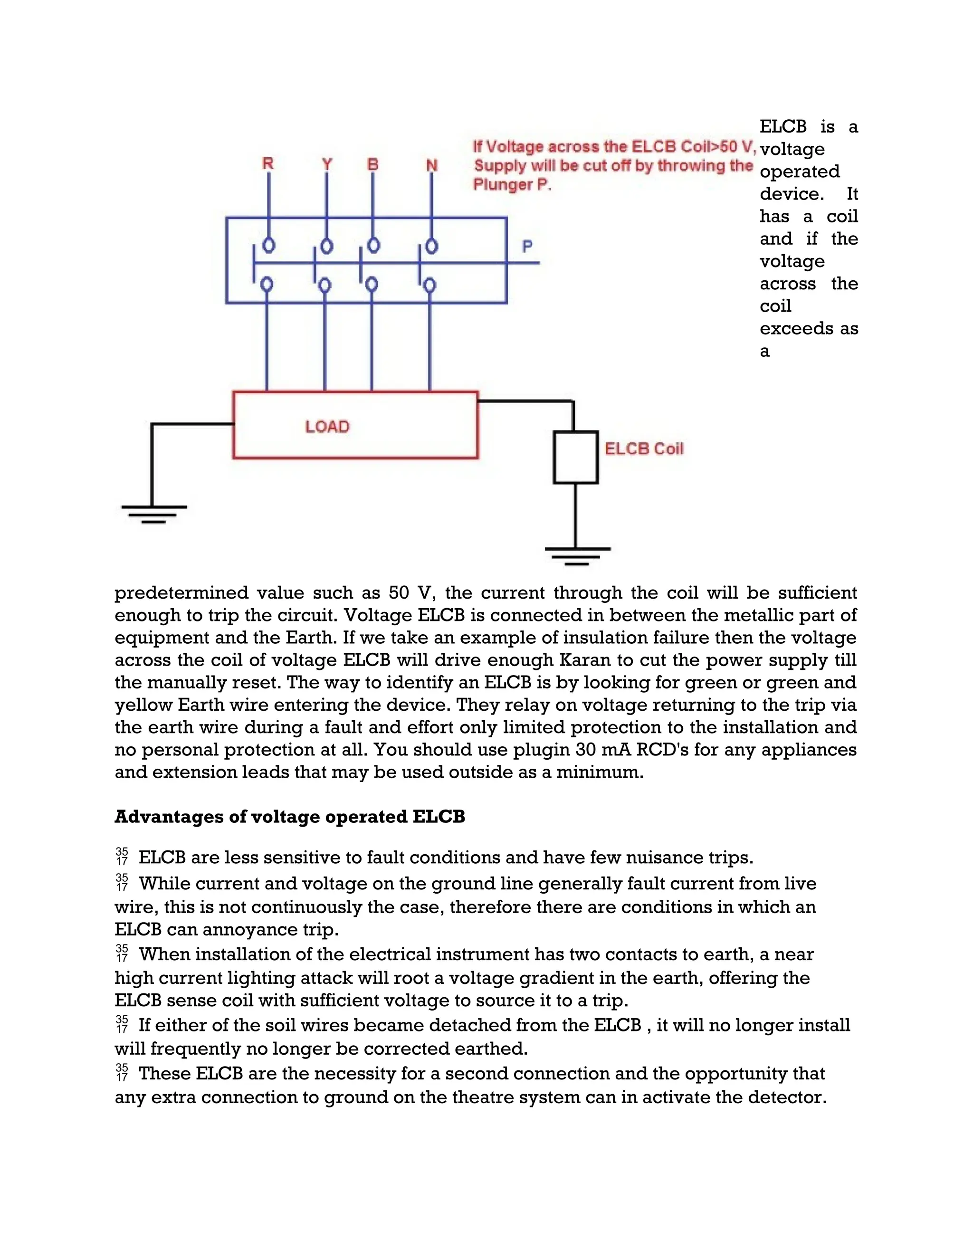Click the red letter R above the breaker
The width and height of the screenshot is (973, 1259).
268,164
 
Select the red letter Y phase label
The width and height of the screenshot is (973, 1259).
327,164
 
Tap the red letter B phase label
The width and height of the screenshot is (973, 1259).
373,164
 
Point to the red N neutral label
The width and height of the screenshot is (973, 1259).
432,165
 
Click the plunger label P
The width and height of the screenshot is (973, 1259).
527,247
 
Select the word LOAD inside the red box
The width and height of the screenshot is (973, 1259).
327,427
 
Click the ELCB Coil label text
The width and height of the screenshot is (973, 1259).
644,448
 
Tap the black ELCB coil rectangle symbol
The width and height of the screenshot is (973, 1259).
575,457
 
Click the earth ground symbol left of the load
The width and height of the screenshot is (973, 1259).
153,513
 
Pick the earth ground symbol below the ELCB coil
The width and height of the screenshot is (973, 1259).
577,554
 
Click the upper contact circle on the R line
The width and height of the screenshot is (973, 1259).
268,246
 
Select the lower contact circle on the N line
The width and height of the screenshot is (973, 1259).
430,285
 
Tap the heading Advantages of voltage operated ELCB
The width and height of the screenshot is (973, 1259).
289,817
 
